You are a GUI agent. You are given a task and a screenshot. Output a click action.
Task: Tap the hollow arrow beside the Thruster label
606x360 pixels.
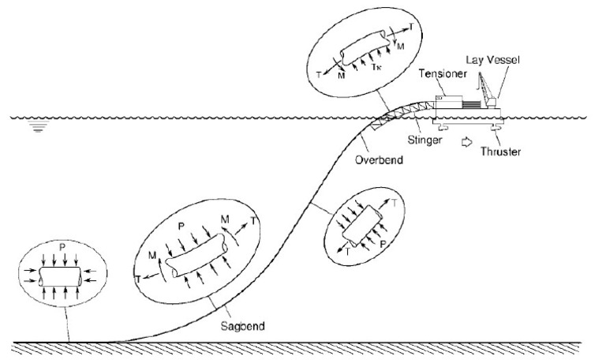coord(466,143)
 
